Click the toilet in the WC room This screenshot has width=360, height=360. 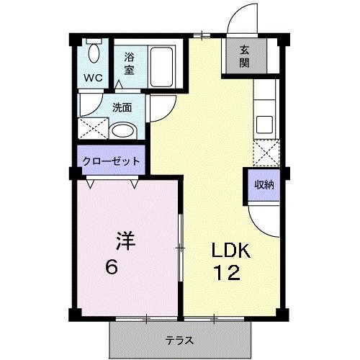tap(94, 53)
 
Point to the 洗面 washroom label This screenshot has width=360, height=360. tap(122, 108)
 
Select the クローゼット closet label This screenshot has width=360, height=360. tap(110, 161)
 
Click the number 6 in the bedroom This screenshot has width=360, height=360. tap(112, 267)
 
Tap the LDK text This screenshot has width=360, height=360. tap(230, 251)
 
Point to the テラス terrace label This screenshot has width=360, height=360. tap(178, 341)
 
